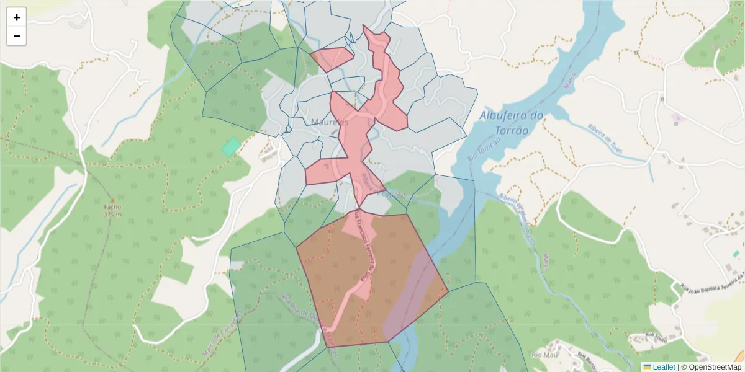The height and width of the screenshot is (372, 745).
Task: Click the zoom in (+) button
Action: pos(17,17)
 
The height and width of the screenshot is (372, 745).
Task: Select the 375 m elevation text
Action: pos(112,215)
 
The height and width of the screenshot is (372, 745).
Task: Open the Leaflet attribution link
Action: pos(664,367)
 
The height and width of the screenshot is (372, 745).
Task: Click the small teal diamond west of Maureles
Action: pos(232,147)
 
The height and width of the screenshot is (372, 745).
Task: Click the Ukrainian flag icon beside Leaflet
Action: pos(647,367)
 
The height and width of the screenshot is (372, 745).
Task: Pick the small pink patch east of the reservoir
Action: pos(677,117)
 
